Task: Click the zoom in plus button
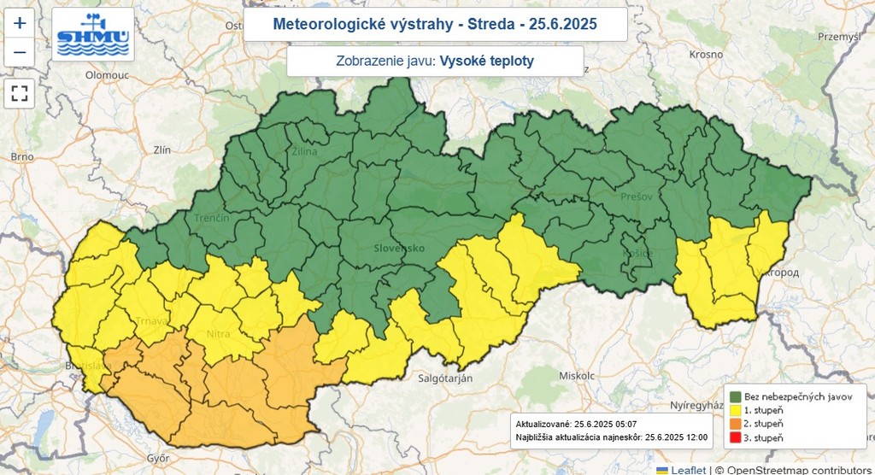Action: pos(19,23)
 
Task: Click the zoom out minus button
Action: pos(19,53)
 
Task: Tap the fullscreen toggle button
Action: pos(19,93)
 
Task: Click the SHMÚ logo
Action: pos(92,34)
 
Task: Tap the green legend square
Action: pos(735,396)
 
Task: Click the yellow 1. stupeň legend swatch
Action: pos(735,410)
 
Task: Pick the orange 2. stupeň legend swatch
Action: pos(735,424)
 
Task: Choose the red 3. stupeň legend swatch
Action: pos(735,437)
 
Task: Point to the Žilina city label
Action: pos(304,151)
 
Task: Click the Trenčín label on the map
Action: pos(211,219)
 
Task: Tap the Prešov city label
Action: pos(637,196)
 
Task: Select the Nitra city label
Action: pos(218,333)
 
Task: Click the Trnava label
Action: pos(151,320)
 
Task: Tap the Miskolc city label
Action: pos(576,375)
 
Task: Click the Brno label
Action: pos(21,156)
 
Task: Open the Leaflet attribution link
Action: pos(687,469)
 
